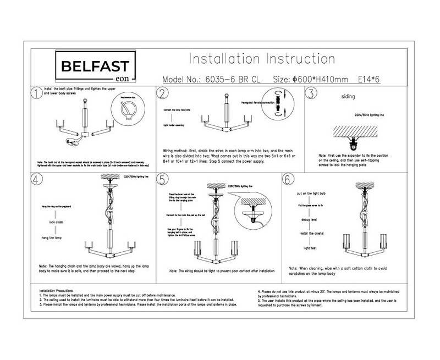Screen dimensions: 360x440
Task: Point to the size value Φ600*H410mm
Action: pos(310,79)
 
